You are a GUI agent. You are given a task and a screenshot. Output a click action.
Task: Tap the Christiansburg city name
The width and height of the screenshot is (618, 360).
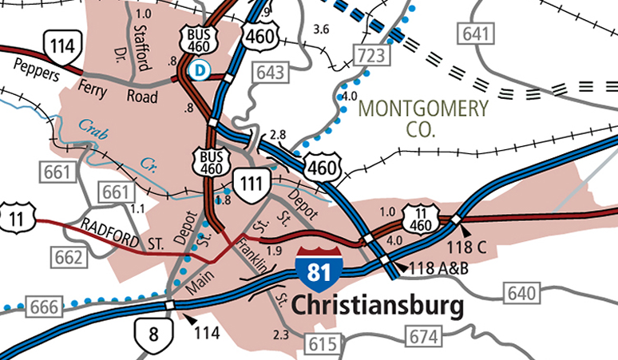coord(378,306)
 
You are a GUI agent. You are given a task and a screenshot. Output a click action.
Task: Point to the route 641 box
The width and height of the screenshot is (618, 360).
coord(473,34)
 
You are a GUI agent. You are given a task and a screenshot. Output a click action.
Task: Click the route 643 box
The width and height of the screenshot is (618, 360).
coord(271,73)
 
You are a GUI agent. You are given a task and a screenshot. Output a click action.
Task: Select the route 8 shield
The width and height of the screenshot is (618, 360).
coord(153,332)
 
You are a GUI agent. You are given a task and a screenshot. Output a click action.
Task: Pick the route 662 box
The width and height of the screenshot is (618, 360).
coord(68,256)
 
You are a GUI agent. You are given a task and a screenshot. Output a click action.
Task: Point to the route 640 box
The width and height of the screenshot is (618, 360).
coord(521,293)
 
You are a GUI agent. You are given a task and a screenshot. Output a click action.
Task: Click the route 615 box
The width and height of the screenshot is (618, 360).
coord(321,345)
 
